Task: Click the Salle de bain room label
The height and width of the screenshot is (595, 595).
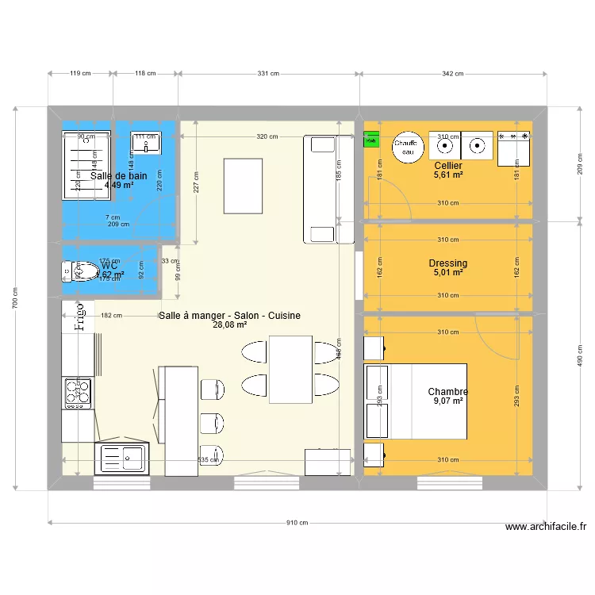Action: [118, 175]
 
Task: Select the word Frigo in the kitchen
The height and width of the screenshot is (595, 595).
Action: [79, 314]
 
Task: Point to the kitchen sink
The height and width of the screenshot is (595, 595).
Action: [122, 458]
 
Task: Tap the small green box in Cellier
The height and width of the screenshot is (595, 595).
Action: [370, 141]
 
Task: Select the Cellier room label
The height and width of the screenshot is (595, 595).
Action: [448, 165]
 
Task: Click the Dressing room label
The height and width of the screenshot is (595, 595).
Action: [447, 263]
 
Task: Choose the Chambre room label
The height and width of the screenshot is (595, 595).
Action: [447, 392]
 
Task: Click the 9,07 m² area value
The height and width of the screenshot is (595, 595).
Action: [447, 401]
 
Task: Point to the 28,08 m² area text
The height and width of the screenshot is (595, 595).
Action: [229, 324]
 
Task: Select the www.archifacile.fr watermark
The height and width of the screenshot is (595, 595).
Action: [545, 527]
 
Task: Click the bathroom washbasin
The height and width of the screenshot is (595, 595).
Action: [146, 144]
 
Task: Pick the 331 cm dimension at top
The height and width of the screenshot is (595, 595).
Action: [268, 74]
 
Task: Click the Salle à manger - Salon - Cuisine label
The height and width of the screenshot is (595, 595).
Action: [229, 315]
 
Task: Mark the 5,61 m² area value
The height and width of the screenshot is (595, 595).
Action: [448, 175]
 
